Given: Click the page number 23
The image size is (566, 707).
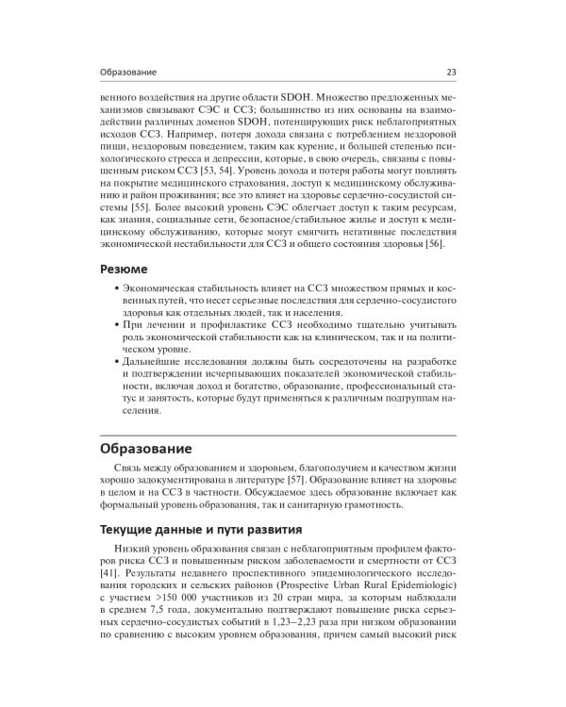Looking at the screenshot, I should point(450,72).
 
